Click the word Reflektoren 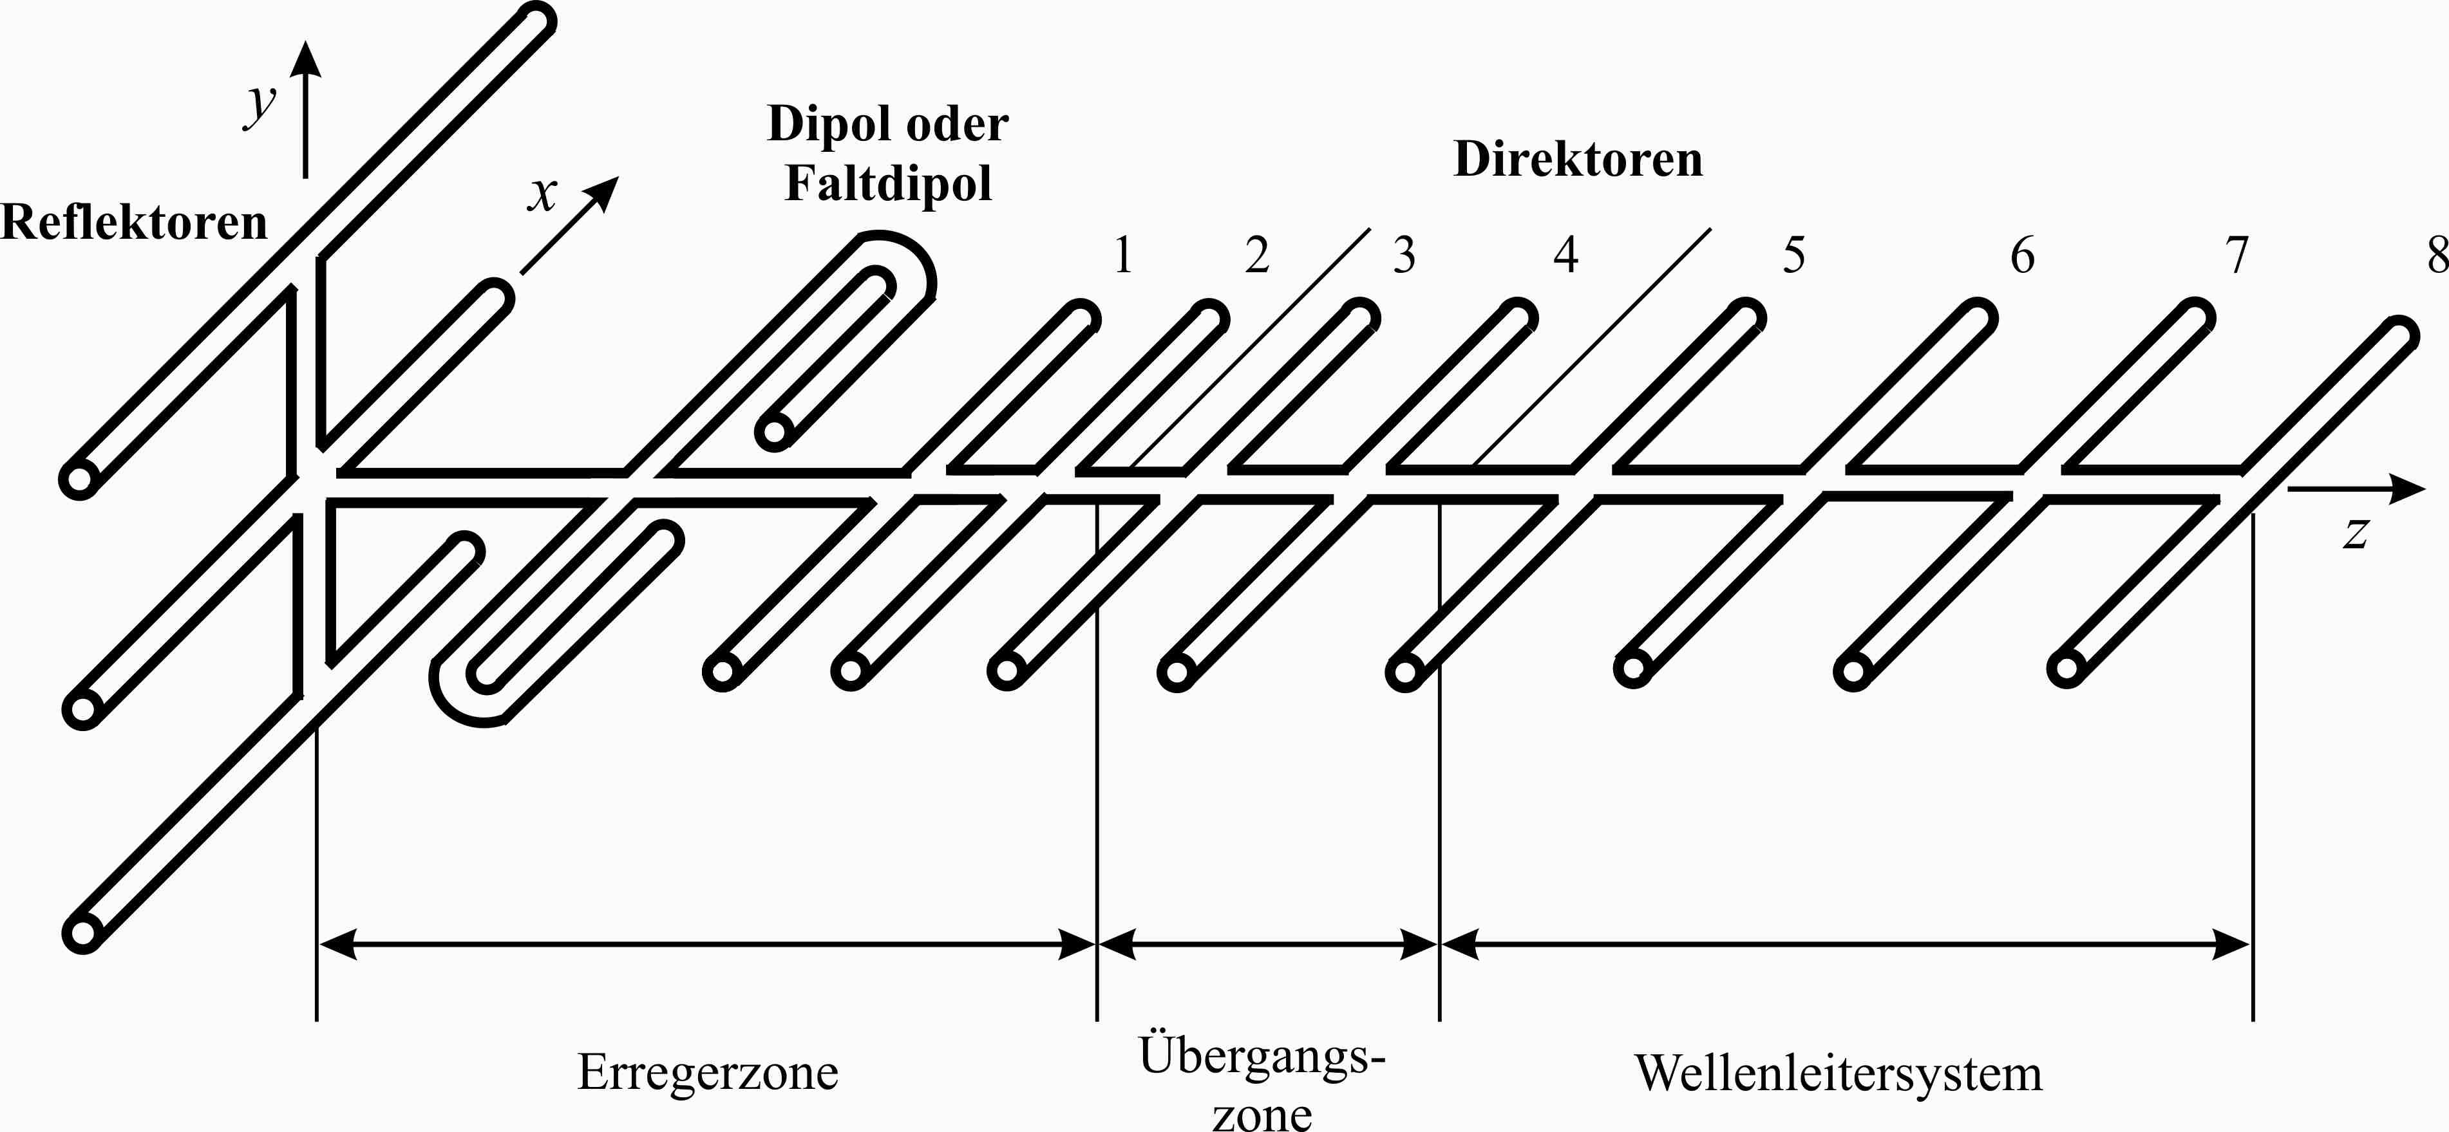[134, 223]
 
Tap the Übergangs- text [1262, 1055]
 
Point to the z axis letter [2356, 532]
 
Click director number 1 [1124, 255]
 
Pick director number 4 [1565, 255]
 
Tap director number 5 [1793, 255]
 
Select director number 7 [2238, 255]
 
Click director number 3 [1404, 255]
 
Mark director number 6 [2022, 255]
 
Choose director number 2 [1257, 255]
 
